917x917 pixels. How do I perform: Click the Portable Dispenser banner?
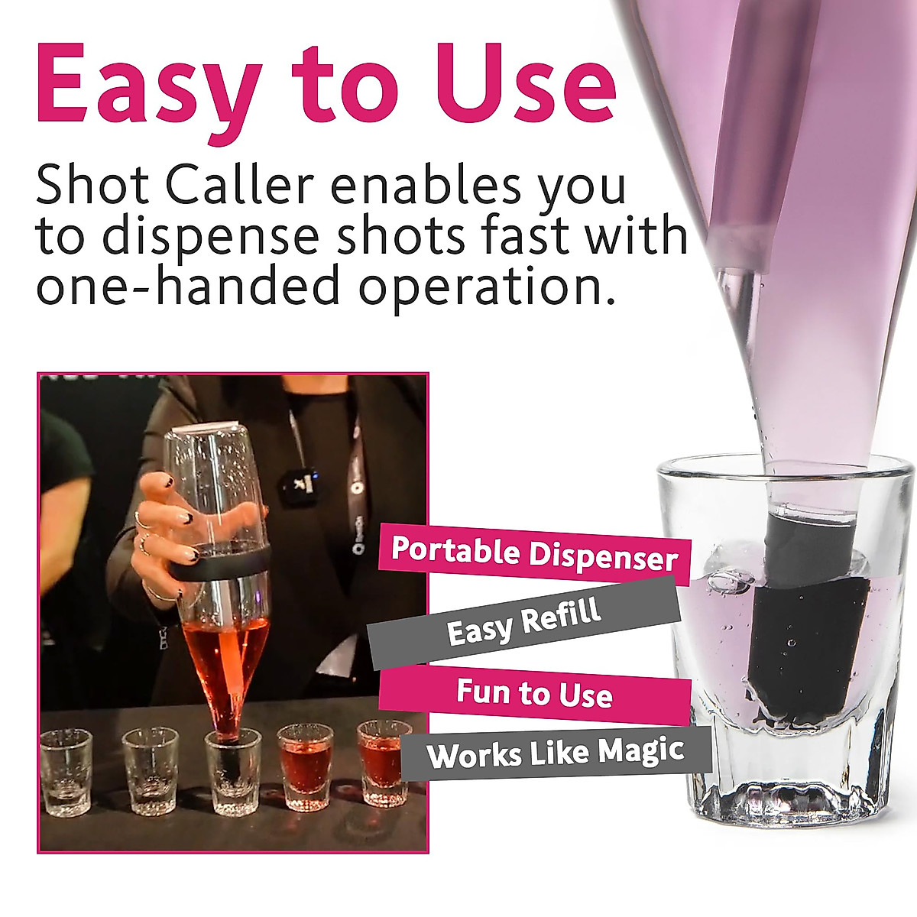click(x=534, y=553)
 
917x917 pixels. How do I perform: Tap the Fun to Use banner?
click(x=534, y=694)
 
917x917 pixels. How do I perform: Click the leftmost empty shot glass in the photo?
click(x=66, y=772)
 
